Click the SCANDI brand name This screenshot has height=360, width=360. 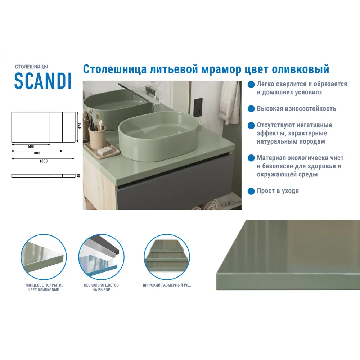[x=43, y=81]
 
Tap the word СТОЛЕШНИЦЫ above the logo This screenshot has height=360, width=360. [x=31, y=67]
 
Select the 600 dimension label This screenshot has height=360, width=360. [x=31, y=147]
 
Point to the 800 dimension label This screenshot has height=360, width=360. [x=37, y=153]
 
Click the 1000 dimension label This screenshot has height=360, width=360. [x=43, y=161]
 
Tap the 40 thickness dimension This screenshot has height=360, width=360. [x=78, y=176]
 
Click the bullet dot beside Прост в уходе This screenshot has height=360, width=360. [x=251, y=190]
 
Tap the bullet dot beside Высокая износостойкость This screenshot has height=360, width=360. [x=251, y=108]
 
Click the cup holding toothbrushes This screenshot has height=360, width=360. [x=97, y=137]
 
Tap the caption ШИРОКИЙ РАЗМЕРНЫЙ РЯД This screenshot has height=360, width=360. [x=167, y=285]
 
